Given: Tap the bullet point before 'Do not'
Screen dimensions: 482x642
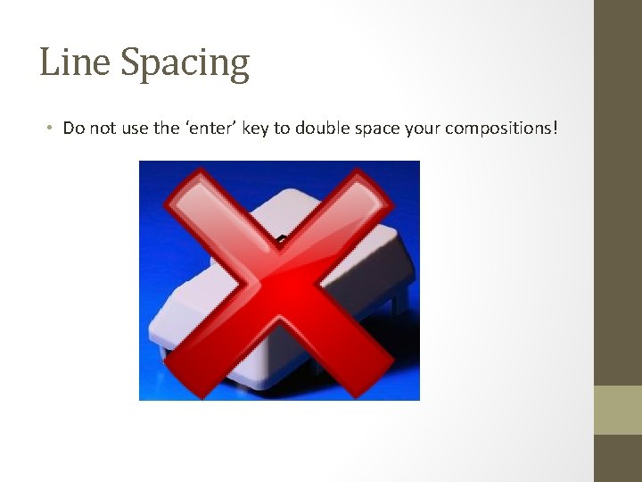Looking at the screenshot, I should click(50, 129).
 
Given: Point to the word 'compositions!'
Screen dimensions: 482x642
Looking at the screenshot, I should click(502, 129).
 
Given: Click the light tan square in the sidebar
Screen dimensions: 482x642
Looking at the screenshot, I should click(618, 410).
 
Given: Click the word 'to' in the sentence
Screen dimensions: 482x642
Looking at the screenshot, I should click(282, 129).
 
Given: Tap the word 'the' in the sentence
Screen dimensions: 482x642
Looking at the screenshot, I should click(167, 129).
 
